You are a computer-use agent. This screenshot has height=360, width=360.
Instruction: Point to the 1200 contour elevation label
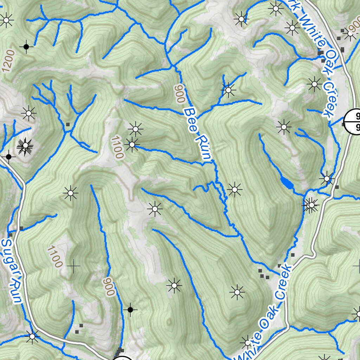pos(8,60)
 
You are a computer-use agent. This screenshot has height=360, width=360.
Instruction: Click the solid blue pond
pos(287,184)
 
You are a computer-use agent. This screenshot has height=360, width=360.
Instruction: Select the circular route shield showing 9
pos(353,122)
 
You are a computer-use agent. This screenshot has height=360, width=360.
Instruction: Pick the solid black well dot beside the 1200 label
pos(26,46)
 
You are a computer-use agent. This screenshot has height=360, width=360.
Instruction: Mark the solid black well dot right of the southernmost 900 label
pos(130,310)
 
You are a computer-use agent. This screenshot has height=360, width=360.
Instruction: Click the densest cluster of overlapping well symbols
pos(25,146)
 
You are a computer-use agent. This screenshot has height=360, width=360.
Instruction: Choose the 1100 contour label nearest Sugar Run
pos(54,257)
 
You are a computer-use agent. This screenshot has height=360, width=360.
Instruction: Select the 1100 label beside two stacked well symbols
pos(117,148)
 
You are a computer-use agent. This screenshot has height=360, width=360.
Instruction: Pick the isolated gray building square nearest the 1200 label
pos(68,124)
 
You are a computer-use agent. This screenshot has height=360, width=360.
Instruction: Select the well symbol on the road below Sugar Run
pos(33,336)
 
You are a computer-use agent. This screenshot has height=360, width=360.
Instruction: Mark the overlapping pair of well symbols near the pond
pos(311,205)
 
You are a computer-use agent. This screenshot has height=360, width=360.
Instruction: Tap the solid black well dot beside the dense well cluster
pos(8,156)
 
